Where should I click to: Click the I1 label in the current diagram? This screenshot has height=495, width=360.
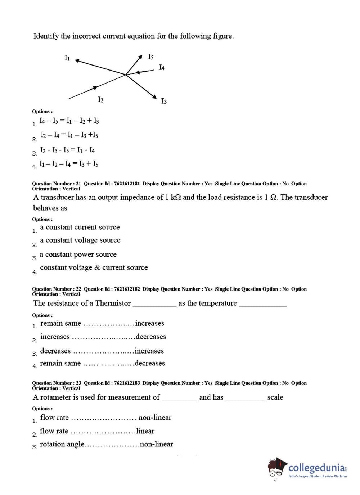(x=67, y=58)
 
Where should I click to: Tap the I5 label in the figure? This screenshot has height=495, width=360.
(x=151, y=57)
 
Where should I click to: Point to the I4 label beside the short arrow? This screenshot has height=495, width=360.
(x=162, y=68)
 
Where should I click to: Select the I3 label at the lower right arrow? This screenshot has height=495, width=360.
(x=164, y=101)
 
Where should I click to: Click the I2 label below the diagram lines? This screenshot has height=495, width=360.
(x=100, y=100)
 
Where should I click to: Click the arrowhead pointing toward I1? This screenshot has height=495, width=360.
(x=77, y=61)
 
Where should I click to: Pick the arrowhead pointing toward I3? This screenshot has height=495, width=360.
(x=154, y=96)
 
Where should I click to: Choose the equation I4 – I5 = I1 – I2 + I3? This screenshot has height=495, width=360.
(x=69, y=121)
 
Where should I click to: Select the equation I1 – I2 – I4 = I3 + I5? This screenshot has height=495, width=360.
(x=69, y=164)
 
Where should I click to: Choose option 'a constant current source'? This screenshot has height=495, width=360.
(x=80, y=227)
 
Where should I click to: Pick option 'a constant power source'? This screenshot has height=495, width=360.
(x=78, y=255)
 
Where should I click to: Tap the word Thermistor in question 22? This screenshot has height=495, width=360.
(x=113, y=303)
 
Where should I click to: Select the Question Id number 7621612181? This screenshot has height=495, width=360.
(x=127, y=184)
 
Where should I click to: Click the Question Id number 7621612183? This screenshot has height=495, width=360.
(x=127, y=383)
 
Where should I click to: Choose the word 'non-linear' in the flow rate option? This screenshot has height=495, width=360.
(x=155, y=418)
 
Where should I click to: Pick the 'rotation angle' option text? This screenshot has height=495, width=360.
(x=62, y=444)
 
